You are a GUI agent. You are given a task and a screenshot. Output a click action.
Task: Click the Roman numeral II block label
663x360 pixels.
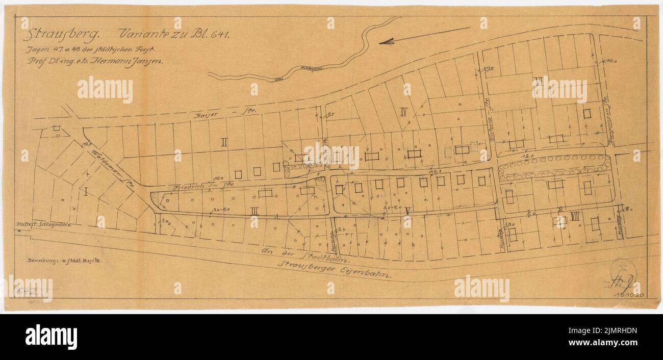(x=223, y=142)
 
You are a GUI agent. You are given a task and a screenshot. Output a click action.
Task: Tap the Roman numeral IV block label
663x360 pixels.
(x=403, y=112)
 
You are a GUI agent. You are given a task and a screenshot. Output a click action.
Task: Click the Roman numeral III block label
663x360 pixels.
(x=254, y=210)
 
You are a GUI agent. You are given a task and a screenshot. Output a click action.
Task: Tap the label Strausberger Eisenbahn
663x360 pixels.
(x=337, y=270)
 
